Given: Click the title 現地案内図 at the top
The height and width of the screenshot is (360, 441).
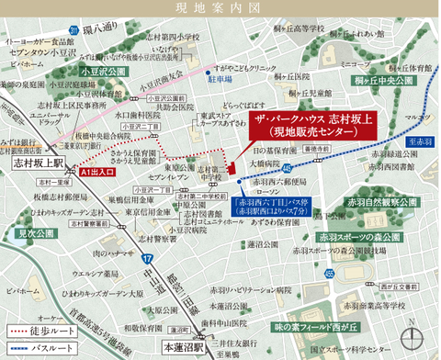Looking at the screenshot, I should (220, 10).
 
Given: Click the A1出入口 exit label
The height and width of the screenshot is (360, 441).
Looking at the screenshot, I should (95, 172).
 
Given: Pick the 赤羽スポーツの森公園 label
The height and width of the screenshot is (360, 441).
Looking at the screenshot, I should (387, 239).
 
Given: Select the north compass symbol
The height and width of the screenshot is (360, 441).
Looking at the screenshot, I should (417, 325).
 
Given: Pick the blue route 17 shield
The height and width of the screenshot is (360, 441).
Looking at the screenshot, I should (148, 262).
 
